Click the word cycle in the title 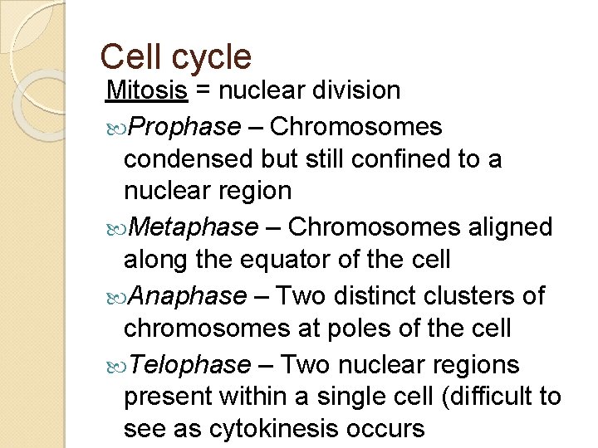tap(211, 57)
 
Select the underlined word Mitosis tap(146, 90)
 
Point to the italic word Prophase tap(185, 127)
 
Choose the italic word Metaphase tap(194, 226)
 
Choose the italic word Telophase tap(191, 364)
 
